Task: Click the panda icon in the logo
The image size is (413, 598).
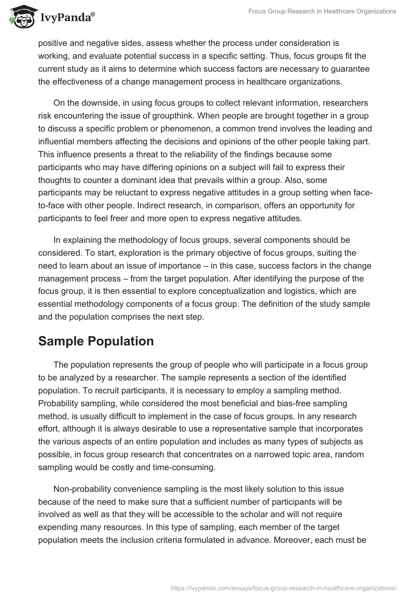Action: tap(20, 18)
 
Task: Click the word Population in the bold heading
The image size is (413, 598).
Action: tap(126, 341)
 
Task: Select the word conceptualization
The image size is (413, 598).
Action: tap(227, 291)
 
